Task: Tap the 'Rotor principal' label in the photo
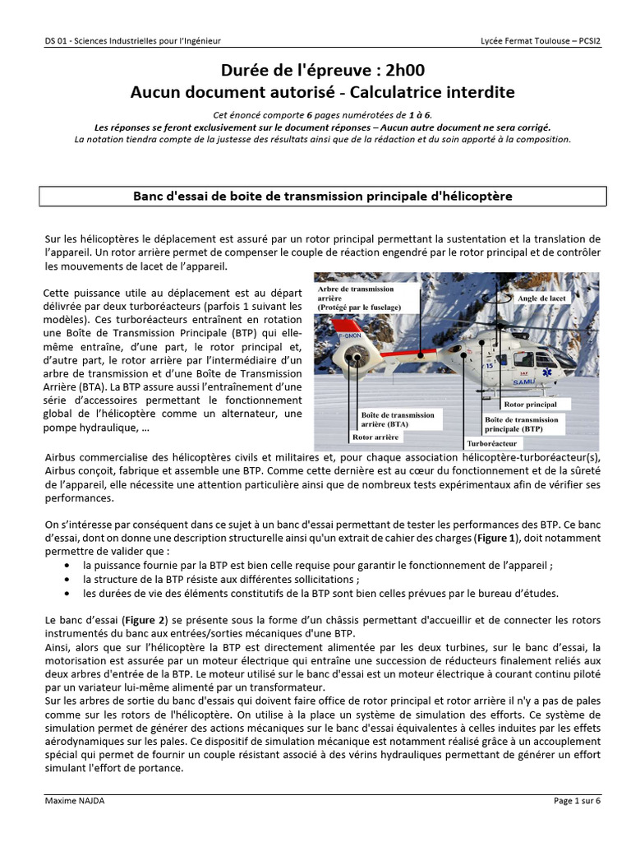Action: [530, 405]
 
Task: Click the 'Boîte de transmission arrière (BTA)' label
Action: [398, 420]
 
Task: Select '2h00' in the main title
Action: [397, 70]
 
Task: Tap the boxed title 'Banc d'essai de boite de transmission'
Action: [323, 196]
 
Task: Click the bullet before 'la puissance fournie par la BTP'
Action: [67, 567]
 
